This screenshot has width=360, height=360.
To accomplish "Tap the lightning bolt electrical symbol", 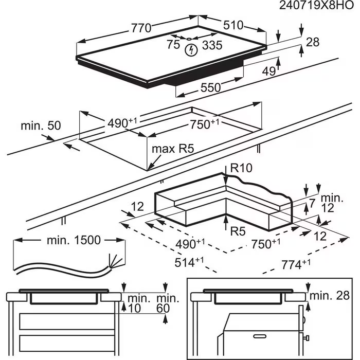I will (x=191, y=50).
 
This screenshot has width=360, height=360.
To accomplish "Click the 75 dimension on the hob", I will (x=173, y=45).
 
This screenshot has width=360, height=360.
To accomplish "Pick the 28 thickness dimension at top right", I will (x=313, y=42).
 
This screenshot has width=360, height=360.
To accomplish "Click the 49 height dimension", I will (x=269, y=71).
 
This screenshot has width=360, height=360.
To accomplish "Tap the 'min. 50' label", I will (x=41, y=125).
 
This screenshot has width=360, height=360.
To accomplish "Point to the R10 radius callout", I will (x=241, y=168).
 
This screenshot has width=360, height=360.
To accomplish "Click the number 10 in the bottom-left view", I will (x=135, y=308).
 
